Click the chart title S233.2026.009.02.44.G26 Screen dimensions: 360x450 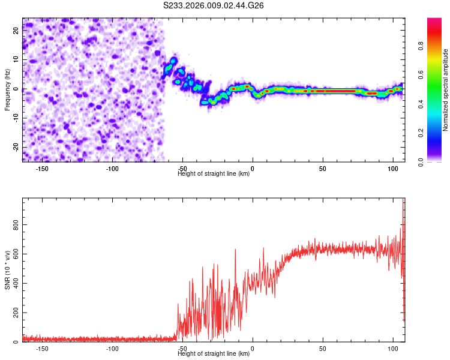pyautogui.click(x=214, y=5)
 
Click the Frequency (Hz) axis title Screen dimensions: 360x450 pyautogui.click(x=7, y=90)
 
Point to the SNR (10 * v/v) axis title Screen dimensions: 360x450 pyautogui.click(x=7, y=270)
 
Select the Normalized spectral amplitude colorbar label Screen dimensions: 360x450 pyautogui.click(x=445, y=90)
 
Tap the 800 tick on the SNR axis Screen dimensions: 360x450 pyautogui.click(x=14, y=225)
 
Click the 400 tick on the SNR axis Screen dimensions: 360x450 pyautogui.click(x=14, y=284)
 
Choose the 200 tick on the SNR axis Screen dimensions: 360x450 pyautogui.click(x=14, y=313)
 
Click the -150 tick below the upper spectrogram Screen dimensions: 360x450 pyautogui.click(x=42, y=169)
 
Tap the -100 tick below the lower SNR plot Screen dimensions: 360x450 pyautogui.click(x=112, y=349)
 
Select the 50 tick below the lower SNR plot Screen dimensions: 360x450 pyautogui.click(x=323, y=349)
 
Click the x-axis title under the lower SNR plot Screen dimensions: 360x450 pyautogui.click(x=214, y=354)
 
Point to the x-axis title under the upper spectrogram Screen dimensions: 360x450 pyautogui.click(x=214, y=174)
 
